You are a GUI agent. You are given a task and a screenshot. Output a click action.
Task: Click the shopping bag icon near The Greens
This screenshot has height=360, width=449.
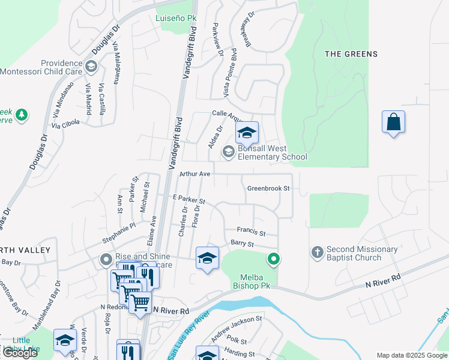click(x=393, y=122)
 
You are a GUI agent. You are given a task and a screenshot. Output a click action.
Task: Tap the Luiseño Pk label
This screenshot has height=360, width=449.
click(x=176, y=18)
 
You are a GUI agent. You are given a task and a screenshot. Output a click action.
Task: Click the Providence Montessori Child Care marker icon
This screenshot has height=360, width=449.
click(x=91, y=66)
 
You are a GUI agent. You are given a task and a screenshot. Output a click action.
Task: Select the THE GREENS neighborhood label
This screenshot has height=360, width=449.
click(x=351, y=54)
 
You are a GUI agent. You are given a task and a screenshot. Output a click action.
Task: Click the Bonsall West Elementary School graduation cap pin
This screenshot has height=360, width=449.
click(x=246, y=133)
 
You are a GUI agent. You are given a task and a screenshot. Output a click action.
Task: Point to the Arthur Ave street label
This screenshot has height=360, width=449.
click(x=194, y=174)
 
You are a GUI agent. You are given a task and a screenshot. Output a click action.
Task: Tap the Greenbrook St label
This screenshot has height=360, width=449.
click(x=268, y=188)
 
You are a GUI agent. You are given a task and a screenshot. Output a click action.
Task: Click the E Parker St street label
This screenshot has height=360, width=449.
click(x=188, y=199)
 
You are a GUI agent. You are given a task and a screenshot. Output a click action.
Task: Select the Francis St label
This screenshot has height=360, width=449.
click(x=251, y=230)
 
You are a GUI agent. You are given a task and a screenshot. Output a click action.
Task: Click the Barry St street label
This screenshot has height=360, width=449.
click(x=243, y=244)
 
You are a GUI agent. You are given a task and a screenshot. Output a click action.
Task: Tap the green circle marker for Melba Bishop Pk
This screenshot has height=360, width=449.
click(x=274, y=259)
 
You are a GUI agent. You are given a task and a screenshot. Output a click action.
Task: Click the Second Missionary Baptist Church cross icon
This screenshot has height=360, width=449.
click(x=318, y=253)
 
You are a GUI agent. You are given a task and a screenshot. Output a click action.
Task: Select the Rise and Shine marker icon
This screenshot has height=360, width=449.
click(x=106, y=260)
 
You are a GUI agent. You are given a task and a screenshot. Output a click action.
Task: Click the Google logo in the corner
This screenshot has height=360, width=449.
click(x=20, y=353)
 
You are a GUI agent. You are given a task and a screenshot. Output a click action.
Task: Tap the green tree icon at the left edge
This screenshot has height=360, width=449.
click(x=22, y=115)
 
